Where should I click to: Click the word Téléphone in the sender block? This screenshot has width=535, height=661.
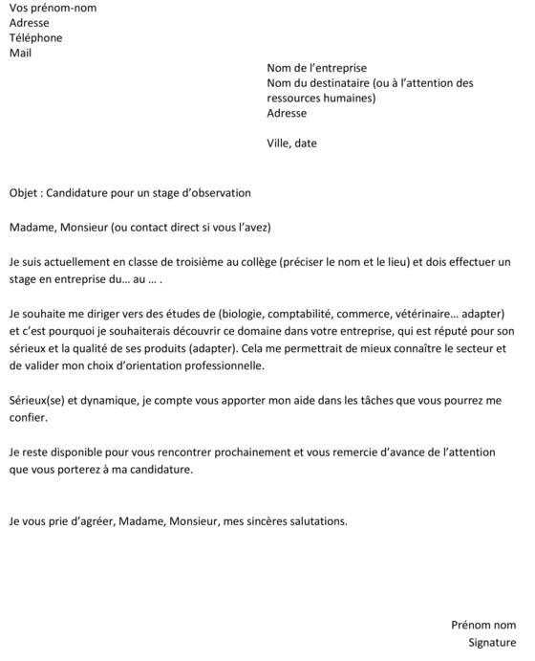pos(35,38)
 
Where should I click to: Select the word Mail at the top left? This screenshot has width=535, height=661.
pos(20,54)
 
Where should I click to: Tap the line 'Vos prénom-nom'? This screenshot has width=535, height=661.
pos(52,8)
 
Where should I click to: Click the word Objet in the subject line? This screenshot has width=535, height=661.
pos(25,192)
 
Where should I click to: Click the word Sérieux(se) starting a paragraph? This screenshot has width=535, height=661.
pos(37,396)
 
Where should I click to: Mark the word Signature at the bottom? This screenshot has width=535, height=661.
pos(492,642)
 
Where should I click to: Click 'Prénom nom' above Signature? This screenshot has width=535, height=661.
pos(483,625)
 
